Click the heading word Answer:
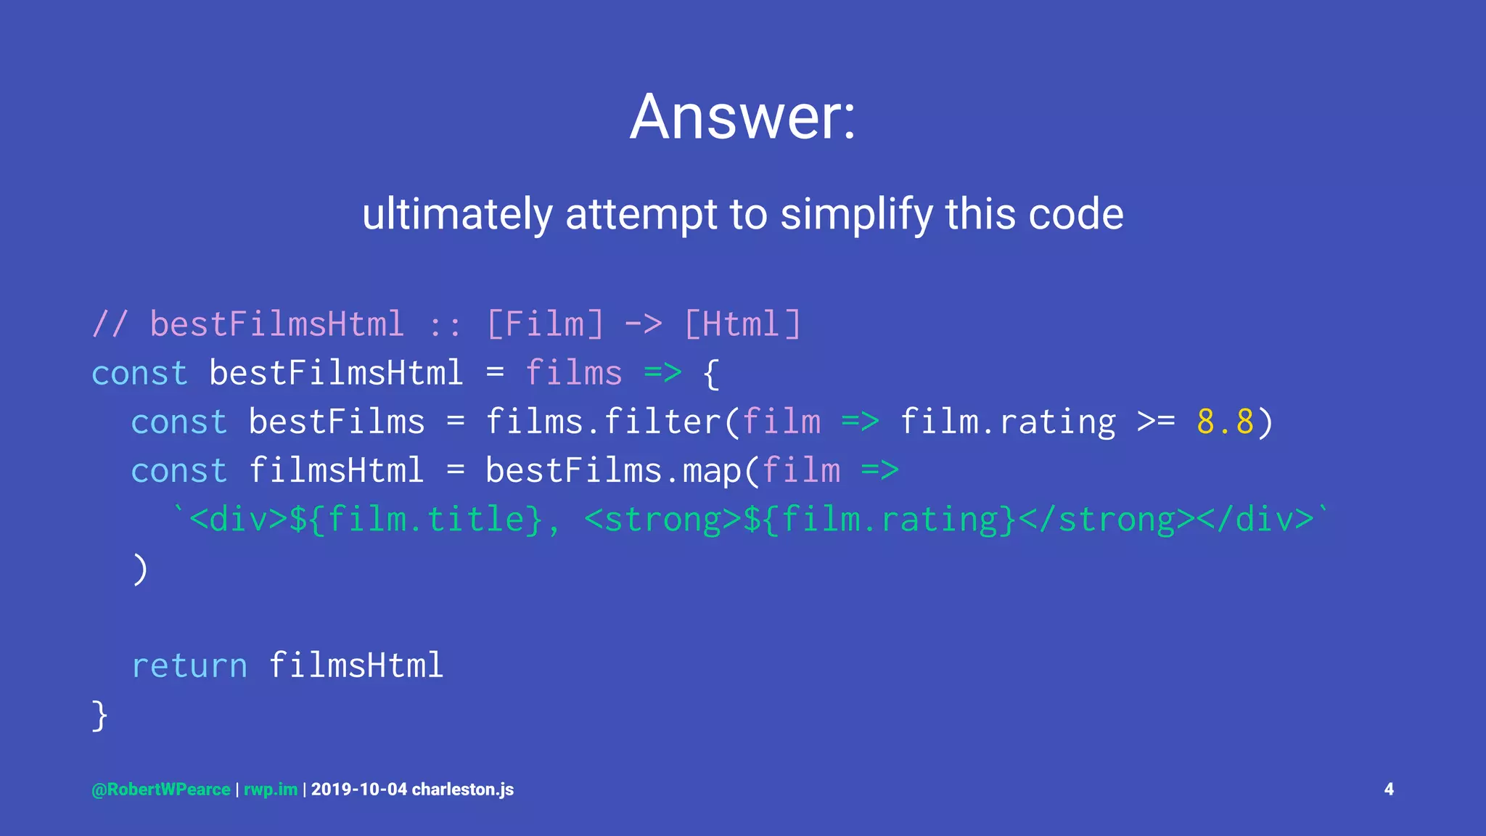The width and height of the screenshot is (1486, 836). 742,117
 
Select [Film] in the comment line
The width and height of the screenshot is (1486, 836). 545,324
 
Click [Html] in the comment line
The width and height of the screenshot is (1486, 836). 742,324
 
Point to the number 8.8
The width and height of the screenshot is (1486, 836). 1225,422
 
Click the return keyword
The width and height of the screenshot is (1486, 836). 189,665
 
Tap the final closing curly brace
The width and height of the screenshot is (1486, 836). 100,715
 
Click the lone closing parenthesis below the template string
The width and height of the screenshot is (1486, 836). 140,568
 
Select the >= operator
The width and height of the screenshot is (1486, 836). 1156,422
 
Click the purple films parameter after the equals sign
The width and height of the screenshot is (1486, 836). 573,373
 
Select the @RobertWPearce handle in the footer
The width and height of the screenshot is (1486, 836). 160,790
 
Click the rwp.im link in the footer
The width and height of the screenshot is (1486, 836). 270,790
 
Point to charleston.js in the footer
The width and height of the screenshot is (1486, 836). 463,790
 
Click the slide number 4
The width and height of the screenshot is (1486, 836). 1389,790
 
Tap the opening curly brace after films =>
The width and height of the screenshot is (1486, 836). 712,373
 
